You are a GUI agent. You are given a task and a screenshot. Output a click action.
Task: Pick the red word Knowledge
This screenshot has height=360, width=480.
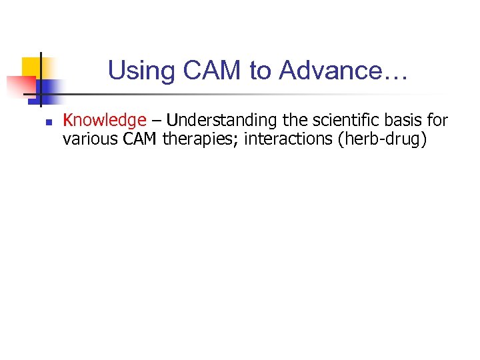(x=104, y=121)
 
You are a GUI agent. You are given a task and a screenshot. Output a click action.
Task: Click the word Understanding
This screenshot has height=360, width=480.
(x=213, y=121)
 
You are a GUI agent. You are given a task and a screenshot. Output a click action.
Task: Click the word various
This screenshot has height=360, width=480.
(x=85, y=139)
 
